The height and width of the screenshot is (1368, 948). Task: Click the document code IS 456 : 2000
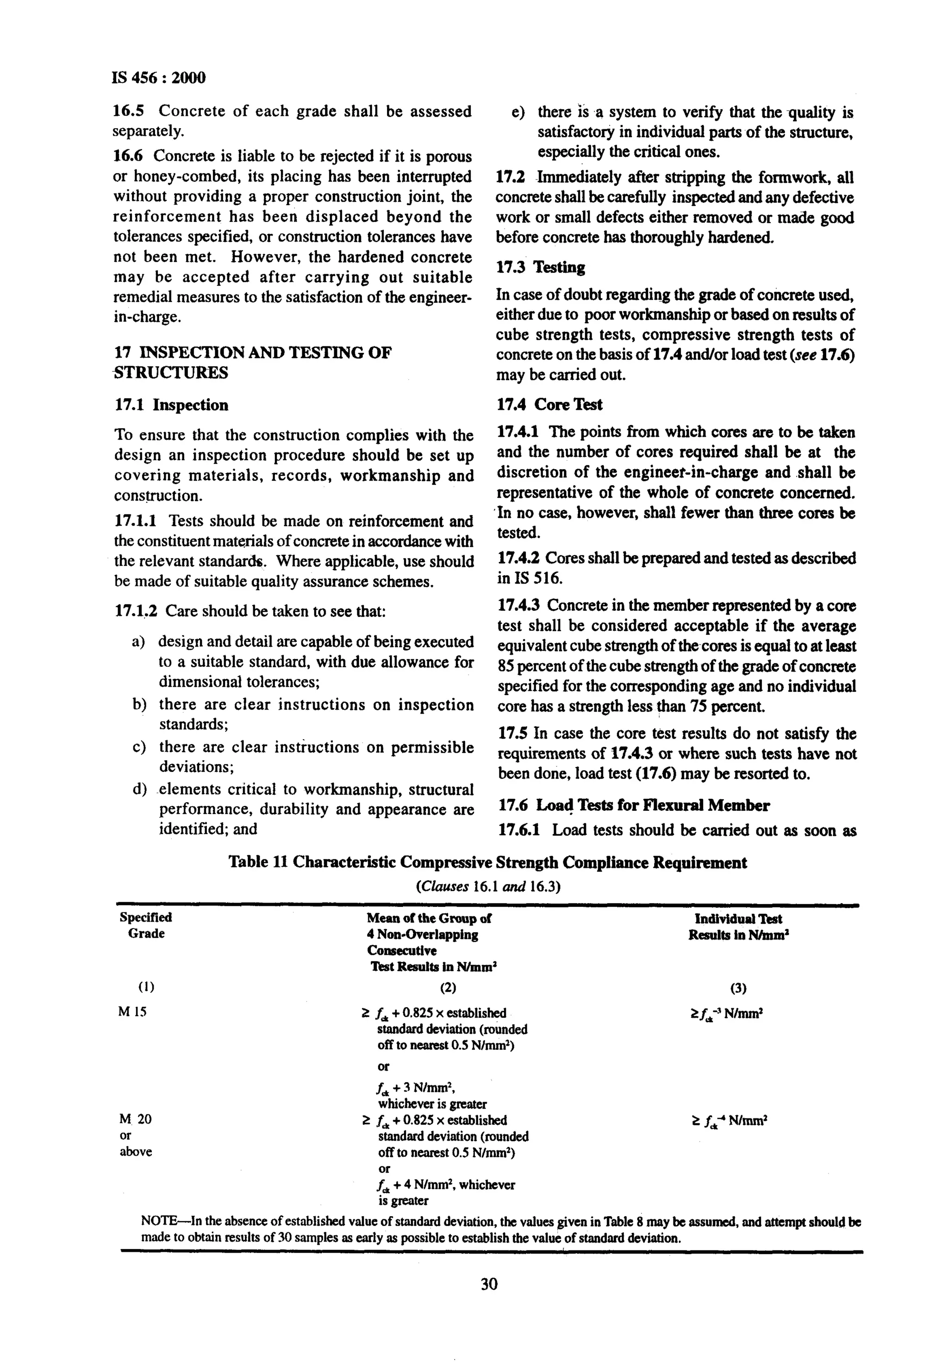(159, 77)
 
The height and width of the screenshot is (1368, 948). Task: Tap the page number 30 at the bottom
(489, 1284)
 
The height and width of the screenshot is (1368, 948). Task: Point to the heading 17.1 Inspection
(171, 405)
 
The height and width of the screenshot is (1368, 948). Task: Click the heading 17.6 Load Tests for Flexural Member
(633, 805)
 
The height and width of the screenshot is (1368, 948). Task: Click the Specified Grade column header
(145, 925)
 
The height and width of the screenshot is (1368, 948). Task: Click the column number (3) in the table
(738, 988)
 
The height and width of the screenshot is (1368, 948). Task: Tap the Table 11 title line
(488, 862)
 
